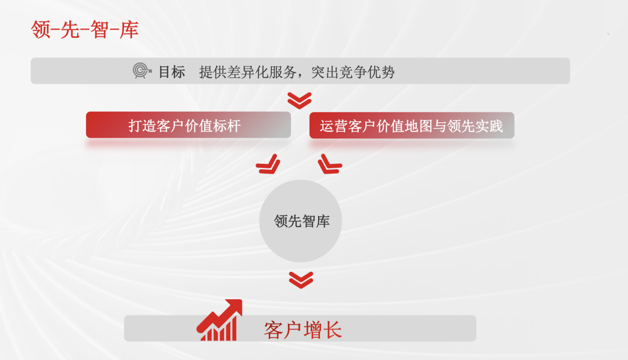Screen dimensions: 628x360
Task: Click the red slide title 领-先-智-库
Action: (85, 29)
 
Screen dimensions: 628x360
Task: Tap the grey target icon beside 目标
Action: (142, 70)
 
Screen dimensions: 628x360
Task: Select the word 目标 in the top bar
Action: (172, 72)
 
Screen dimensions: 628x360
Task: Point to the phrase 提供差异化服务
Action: (248, 72)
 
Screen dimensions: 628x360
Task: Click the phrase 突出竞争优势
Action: (353, 72)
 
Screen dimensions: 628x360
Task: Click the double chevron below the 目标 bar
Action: (299, 101)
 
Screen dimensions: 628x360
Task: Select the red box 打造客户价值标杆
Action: (188, 125)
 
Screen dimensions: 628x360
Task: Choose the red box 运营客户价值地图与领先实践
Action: (412, 126)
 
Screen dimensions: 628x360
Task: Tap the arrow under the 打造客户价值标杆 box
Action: (268, 164)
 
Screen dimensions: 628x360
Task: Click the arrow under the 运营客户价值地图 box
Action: (330, 164)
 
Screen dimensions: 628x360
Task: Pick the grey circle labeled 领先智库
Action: (301, 221)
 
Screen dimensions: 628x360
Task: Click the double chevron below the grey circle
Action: (301, 280)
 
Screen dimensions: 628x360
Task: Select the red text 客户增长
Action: (303, 330)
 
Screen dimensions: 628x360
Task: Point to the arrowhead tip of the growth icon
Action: (241, 300)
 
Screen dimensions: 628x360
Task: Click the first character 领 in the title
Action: (41, 29)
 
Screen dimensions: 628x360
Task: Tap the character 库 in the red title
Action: (129, 29)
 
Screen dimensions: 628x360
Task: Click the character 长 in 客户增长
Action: (333, 330)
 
